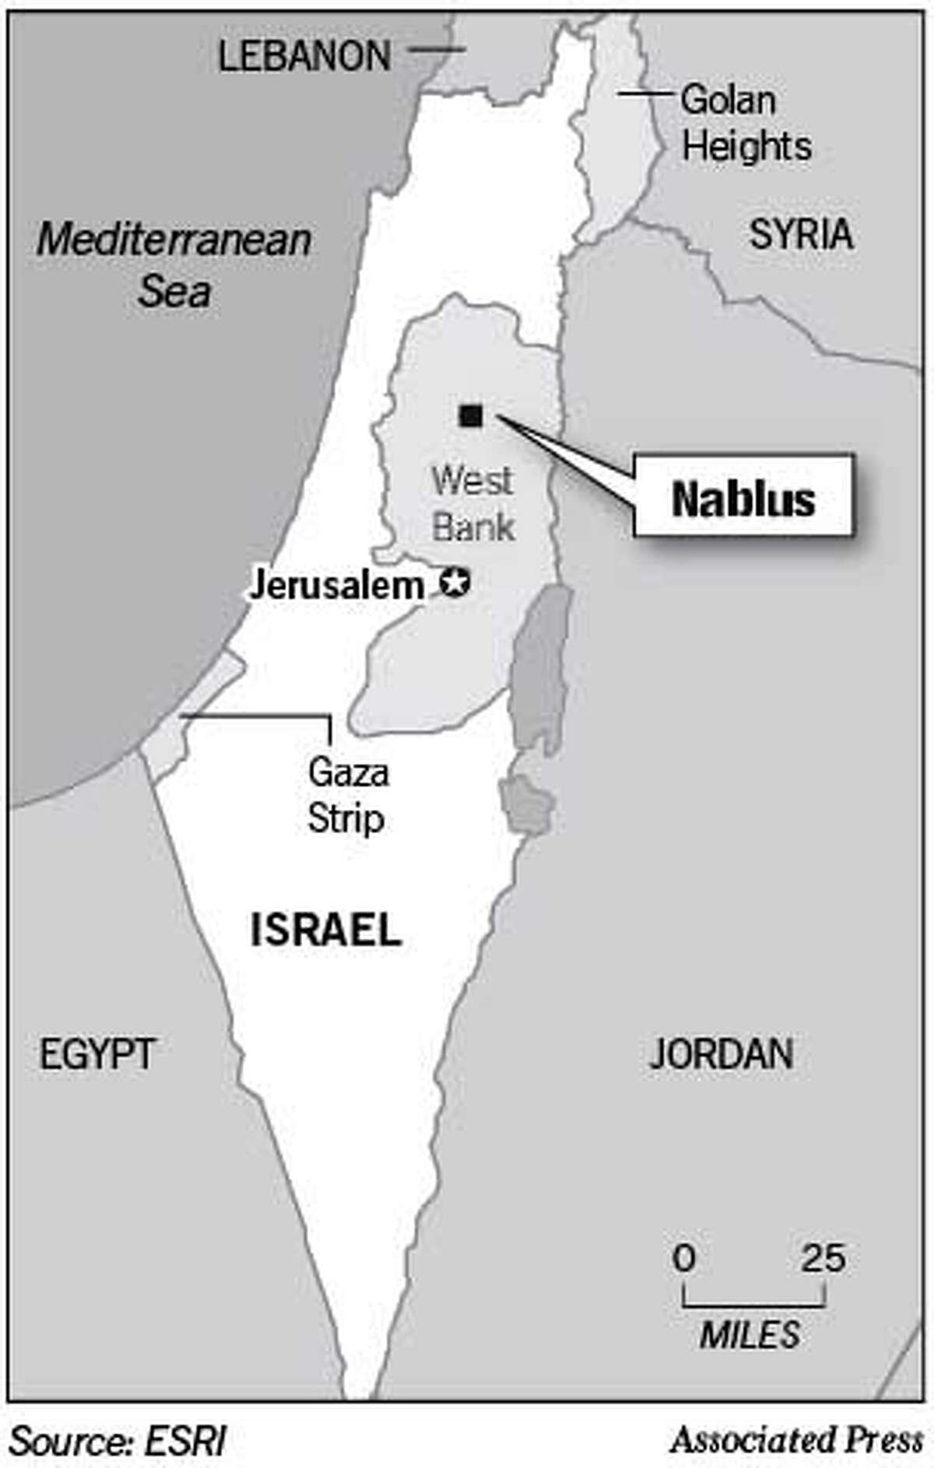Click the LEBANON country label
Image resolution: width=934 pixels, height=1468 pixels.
click(x=304, y=56)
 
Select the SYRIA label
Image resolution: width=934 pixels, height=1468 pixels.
click(x=800, y=234)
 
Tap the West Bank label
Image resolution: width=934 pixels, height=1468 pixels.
click(x=472, y=503)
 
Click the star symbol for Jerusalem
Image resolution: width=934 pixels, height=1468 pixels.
click(x=455, y=582)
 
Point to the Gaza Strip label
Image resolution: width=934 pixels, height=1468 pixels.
click(x=347, y=795)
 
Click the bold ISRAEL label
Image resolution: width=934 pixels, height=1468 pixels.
click(x=325, y=930)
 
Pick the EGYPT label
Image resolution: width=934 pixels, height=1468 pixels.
click(x=97, y=1054)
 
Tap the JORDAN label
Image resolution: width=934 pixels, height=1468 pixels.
click(x=721, y=1054)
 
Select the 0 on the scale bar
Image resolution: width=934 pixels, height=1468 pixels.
click(x=684, y=1257)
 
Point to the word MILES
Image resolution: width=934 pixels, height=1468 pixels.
click(x=750, y=1335)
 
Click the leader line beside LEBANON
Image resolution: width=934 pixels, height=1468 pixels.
click(x=437, y=49)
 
